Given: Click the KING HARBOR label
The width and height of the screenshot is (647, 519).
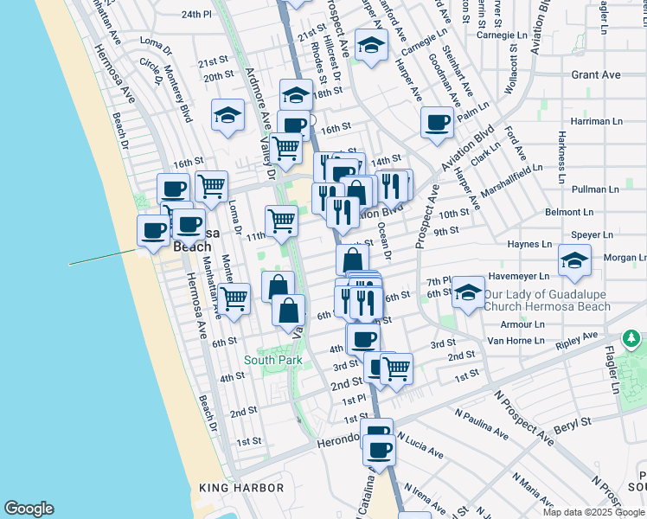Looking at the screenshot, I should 242,488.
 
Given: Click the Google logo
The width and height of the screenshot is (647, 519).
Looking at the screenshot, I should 29,509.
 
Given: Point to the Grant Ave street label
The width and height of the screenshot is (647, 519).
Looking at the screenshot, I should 596,75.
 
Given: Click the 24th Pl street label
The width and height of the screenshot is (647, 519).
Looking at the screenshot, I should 196,15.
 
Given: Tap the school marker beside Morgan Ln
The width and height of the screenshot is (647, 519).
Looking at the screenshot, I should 574,259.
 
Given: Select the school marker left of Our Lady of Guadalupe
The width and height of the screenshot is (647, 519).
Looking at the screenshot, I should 468,292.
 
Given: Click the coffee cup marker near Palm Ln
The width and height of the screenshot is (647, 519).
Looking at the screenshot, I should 438,121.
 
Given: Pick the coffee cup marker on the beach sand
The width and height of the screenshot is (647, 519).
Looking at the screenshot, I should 154,230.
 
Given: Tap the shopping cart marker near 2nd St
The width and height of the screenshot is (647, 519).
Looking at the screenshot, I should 396,367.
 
